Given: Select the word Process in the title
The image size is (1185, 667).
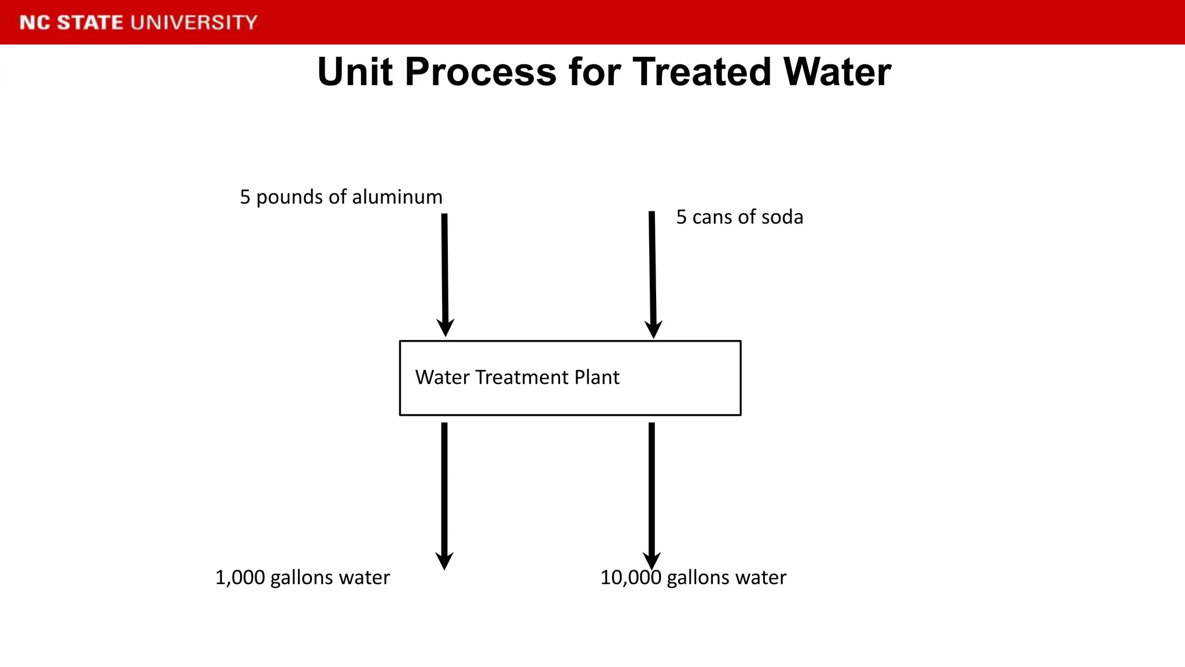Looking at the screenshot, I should click(x=480, y=72).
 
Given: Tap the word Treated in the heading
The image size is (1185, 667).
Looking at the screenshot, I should click(x=701, y=72).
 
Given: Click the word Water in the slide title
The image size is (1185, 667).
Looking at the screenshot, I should click(x=837, y=72).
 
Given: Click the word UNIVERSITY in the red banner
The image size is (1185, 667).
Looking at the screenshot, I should click(x=194, y=23).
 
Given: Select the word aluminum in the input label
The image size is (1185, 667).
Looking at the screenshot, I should click(x=397, y=197).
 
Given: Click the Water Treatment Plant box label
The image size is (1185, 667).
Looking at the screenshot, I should click(x=517, y=378).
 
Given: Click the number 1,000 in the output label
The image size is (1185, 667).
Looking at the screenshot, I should click(x=240, y=578).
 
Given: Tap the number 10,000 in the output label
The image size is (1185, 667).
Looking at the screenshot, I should click(x=631, y=578).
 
